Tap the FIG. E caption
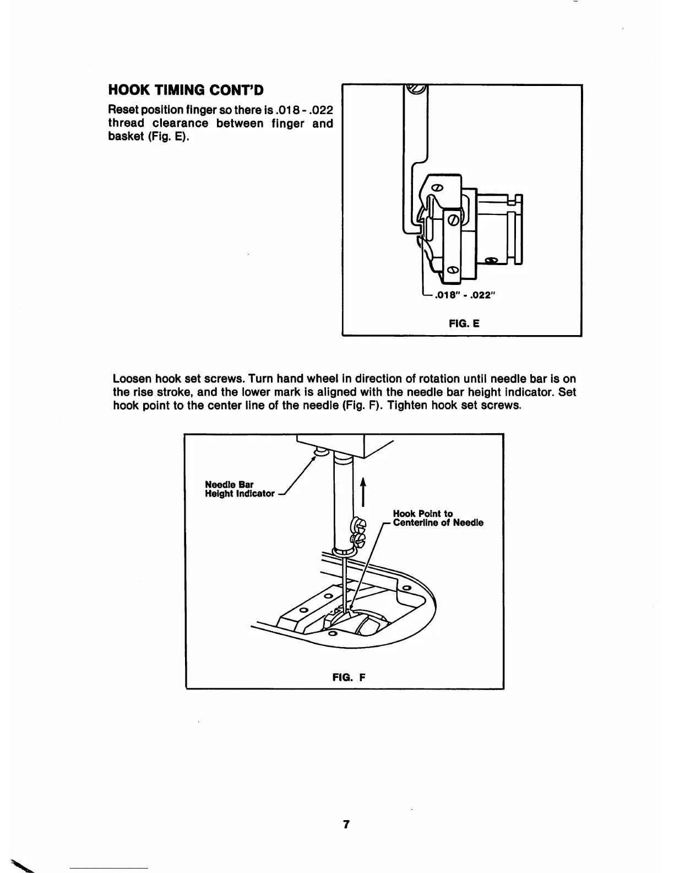(464, 324)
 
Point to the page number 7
(346, 824)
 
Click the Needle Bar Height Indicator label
(240, 489)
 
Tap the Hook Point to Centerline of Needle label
(438, 518)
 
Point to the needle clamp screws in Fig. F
(357, 532)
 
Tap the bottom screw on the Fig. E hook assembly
(452, 270)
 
